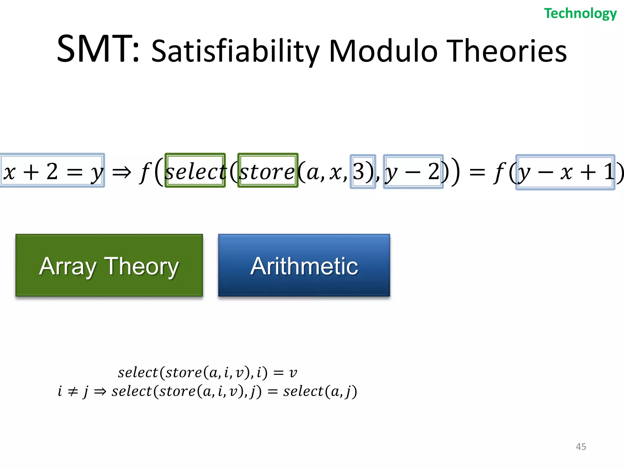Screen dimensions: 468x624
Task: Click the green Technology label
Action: click(x=580, y=14)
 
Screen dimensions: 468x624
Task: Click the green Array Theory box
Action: click(x=109, y=265)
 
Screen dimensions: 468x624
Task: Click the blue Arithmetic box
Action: click(x=304, y=265)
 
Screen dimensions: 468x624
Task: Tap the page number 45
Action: click(x=581, y=447)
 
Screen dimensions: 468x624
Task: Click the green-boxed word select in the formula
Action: click(x=195, y=171)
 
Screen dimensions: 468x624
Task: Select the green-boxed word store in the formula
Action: click(x=268, y=171)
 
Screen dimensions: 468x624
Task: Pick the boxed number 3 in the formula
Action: click(x=362, y=172)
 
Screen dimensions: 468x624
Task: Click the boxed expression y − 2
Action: click(x=413, y=172)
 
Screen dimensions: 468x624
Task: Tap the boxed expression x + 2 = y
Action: click(x=52, y=171)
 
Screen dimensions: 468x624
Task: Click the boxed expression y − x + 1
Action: click(x=565, y=172)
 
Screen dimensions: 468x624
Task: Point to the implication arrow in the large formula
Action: click(x=122, y=172)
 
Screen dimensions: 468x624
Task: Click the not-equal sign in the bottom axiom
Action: click(x=73, y=392)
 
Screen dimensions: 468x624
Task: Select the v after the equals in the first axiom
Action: click(x=293, y=373)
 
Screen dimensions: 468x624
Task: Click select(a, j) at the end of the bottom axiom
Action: click(x=320, y=392)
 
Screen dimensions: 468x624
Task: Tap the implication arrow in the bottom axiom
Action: click(x=100, y=392)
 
